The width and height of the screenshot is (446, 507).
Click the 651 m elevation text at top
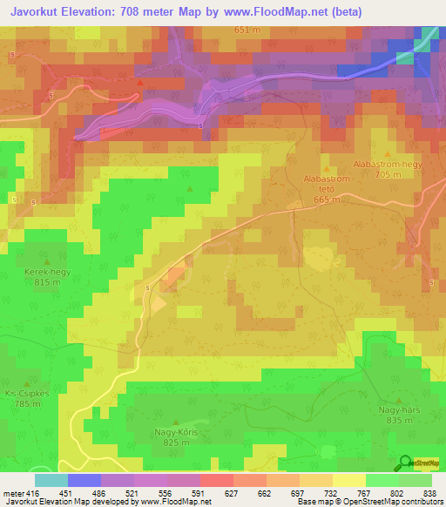pos(247,30)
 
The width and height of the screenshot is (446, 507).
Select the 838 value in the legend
pos(429,493)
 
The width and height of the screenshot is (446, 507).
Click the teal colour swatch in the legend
pos(51,480)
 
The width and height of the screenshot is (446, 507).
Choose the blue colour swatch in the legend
pos(84,480)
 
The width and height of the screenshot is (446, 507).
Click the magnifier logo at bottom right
pos(405,463)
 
